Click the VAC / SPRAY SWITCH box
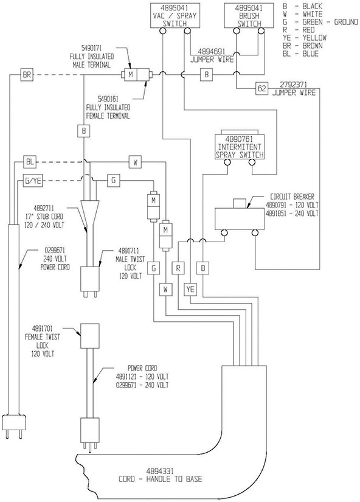tap(175, 15)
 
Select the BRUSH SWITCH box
tap(249, 15)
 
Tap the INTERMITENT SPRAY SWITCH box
tap(240, 147)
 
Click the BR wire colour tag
tap(27, 75)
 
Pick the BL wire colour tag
tap(29, 162)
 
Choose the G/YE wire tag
tap(33, 181)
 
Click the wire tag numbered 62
tap(261, 88)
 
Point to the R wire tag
tap(178, 268)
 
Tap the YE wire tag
tap(190, 290)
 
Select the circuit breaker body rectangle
tap(240, 219)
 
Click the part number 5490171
tap(91, 49)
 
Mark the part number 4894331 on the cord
tap(160, 471)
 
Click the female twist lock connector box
tap(89, 336)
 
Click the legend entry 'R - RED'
tap(299, 30)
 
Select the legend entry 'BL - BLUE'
tap(300, 54)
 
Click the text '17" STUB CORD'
tap(44, 217)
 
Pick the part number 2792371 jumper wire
tap(294, 85)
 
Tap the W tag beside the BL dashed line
tap(135, 162)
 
